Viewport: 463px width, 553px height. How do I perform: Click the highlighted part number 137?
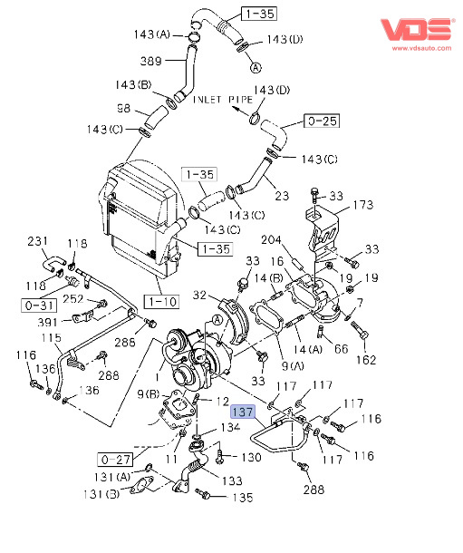point(243,412)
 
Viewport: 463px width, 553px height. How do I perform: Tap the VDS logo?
point(417,30)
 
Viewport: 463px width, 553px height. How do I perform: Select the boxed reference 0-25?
point(322,121)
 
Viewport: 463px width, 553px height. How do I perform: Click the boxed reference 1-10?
point(161,302)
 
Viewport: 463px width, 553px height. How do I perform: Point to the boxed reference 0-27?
point(115,460)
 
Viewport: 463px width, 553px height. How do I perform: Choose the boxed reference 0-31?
point(39,306)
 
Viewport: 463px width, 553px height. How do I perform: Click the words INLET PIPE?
point(223,100)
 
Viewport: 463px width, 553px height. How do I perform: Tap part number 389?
point(150,61)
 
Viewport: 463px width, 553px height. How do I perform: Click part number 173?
point(363,205)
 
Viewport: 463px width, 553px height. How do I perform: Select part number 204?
point(271,240)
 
